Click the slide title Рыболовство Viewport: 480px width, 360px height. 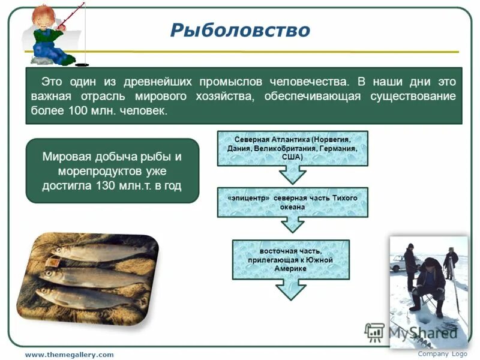click(239, 30)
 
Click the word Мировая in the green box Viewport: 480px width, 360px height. click(64, 157)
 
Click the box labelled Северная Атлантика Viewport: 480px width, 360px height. click(292, 148)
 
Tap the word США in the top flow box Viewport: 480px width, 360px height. click(292, 157)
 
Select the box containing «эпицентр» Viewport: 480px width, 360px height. click(292, 202)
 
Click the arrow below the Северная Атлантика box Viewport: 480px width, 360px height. click(292, 175)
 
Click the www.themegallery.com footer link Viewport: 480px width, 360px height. click(69, 355)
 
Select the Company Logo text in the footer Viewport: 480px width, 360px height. click(442, 354)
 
